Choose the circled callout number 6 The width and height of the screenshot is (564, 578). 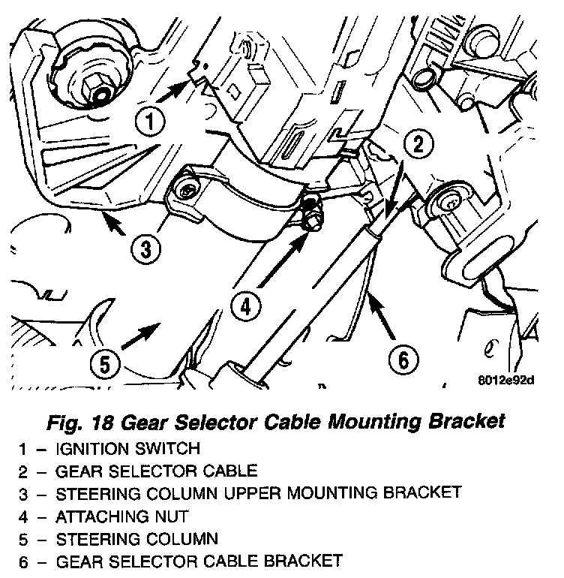click(403, 360)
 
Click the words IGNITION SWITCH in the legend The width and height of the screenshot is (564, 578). click(128, 450)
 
